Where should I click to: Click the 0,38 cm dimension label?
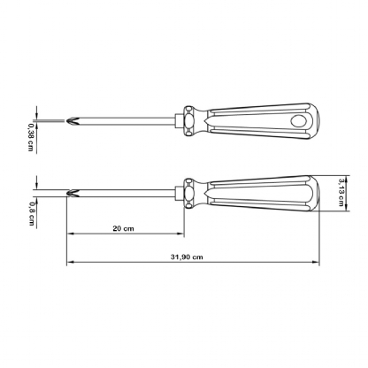(30, 137)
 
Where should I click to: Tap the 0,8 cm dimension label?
(31, 213)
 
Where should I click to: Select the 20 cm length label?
(123, 228)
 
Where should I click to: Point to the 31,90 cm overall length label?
(187, 257)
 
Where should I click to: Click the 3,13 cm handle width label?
(341, 192)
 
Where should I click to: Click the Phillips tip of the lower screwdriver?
(73, 194)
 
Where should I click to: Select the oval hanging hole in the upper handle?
(298, 120)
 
